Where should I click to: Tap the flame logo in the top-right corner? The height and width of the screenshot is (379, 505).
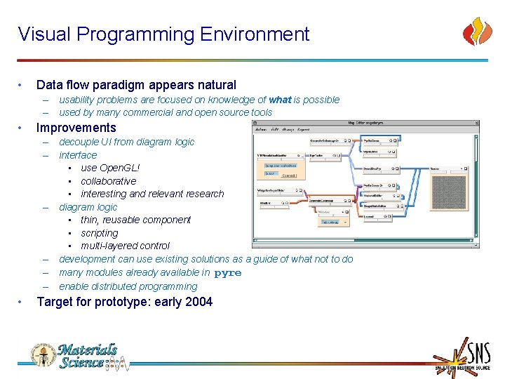478,32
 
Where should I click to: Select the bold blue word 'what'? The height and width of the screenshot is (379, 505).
280,100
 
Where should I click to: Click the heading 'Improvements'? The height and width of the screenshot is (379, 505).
76,128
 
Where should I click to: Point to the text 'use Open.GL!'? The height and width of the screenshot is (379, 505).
109,168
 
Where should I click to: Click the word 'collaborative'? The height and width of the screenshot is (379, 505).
108,181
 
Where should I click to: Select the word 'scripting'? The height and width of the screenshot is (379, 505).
100,233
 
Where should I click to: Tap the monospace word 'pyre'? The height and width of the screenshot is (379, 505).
227,273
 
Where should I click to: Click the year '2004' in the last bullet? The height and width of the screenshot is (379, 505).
197,302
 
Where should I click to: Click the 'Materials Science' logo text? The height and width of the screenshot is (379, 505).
88,356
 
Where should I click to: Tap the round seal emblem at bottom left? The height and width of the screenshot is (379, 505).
42,355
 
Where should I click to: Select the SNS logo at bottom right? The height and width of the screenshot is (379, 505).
460,356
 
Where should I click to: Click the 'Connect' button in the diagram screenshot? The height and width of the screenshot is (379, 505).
288,175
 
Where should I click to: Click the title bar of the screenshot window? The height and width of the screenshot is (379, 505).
365,123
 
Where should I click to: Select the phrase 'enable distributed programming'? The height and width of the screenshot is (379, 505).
128,286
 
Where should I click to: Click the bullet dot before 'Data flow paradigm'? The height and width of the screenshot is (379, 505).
23,85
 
